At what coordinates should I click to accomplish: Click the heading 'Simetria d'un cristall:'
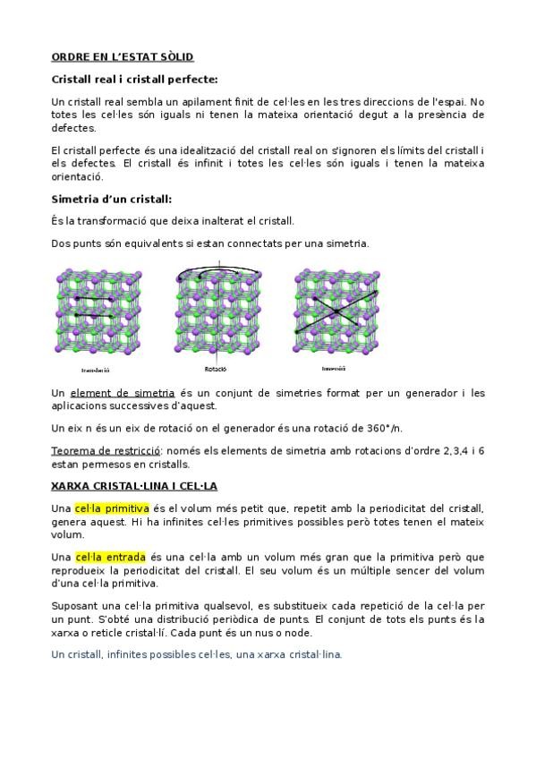coord(112,199)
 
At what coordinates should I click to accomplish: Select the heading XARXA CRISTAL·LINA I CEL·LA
coord(134,487)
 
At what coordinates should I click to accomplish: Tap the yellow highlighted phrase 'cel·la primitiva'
coord(112,508)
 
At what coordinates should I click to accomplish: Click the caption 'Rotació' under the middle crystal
coord(215,369)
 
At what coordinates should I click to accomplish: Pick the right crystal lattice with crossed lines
coord(335,310)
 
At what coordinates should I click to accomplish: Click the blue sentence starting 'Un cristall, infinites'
coord(197,654)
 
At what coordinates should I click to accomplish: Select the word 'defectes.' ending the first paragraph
coord(74,127)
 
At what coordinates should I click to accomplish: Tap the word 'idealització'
coord(217,149)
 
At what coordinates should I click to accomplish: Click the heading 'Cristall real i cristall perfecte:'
coord(135,80)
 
